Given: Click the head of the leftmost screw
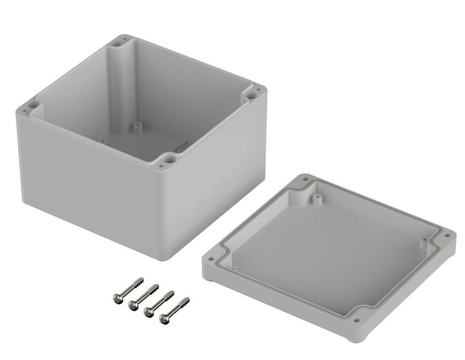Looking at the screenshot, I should (x=118, y=298).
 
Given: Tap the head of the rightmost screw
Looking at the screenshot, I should (x=164, y=318).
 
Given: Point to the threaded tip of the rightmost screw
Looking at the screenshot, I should (x=187, y=300).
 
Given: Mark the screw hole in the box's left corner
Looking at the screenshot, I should (x=26, y=108).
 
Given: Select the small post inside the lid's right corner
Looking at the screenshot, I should (x=423, y=243).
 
